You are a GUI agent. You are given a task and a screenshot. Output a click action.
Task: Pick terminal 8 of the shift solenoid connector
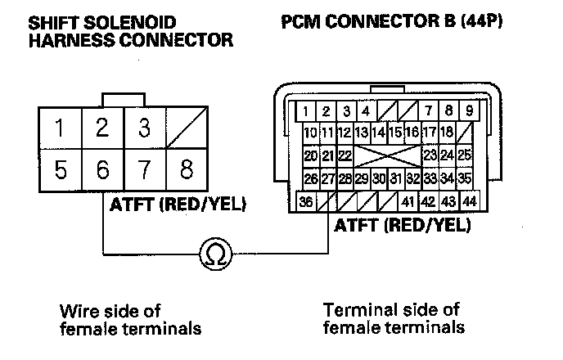(187, 171)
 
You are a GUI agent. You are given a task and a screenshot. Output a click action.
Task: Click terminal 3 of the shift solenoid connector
(145, 128)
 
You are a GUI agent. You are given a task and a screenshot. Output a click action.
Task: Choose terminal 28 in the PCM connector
(344, 178)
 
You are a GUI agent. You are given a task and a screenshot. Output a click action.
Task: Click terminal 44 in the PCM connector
(468, 201)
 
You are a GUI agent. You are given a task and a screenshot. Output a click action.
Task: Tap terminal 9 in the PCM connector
(468, 110)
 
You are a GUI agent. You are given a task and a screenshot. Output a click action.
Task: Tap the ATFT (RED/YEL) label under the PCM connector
(403, 224)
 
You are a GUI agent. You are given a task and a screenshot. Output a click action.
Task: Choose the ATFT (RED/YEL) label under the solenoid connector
(177, 204)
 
